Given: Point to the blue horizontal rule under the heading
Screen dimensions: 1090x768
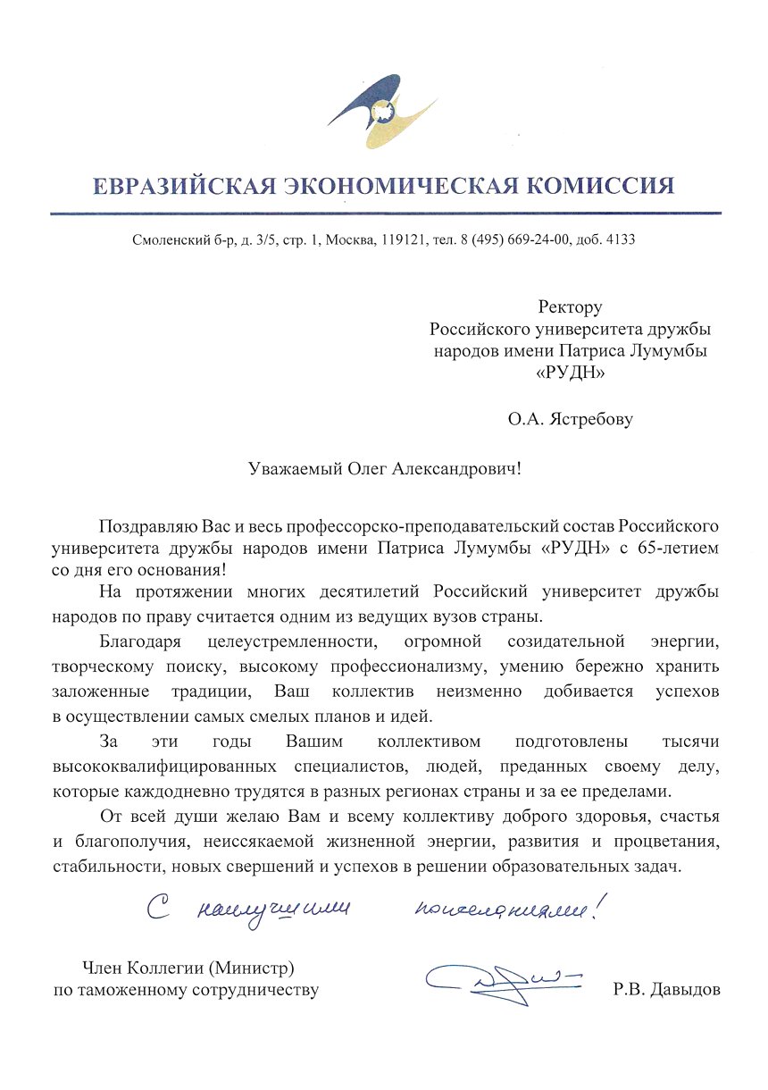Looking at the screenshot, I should [384, 214].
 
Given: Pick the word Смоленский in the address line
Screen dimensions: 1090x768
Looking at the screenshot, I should [166, 240].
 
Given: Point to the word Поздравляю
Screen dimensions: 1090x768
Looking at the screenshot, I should [146, 524].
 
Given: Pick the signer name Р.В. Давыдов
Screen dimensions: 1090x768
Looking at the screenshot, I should [666, 990].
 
